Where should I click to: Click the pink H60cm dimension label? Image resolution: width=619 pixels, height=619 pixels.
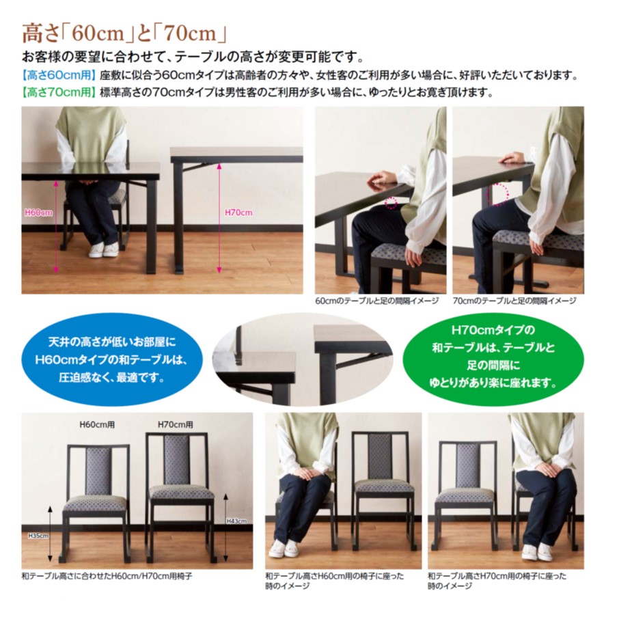tap(38, 212)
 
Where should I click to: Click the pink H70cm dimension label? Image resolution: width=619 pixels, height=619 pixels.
tap(238, 212)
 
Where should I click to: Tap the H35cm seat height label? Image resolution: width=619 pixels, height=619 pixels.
tap(38, 536)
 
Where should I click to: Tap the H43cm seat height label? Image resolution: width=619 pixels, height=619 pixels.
tap(236, 521)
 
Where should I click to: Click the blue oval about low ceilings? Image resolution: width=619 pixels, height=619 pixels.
tap(113, 358)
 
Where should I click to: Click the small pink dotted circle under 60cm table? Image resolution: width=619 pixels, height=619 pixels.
tap(391, 203)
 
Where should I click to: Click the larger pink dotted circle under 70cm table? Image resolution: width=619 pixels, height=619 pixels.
tap(497, 195)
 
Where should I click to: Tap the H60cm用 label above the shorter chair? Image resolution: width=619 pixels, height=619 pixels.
tap(97, 424)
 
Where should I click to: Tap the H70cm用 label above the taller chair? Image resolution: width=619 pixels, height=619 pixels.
tap(176, 424)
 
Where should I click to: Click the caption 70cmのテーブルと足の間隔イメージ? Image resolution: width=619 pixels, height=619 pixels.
tap(514, 301)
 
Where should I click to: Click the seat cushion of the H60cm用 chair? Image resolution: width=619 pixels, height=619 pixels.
tap(95, 503)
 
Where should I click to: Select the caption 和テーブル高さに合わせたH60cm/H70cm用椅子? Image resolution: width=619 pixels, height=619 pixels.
tap(107, 576)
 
